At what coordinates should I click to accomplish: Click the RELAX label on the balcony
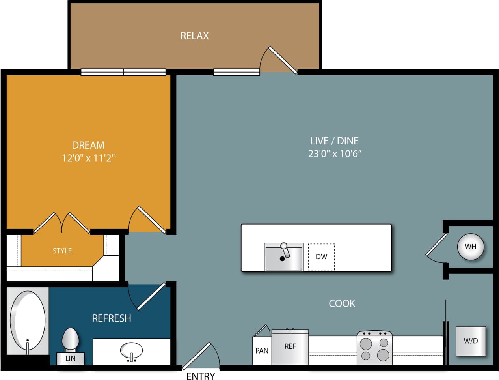pos(194,36)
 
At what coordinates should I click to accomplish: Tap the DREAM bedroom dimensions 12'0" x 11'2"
pos(88,158)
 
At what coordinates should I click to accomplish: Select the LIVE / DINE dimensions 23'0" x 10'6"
pos(334,153)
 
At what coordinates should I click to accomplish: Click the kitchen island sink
pos(283,257)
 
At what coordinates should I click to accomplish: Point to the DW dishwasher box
pos(321,256)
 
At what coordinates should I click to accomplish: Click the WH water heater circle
pos(470,247)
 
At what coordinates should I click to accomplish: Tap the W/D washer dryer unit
pos(471,341)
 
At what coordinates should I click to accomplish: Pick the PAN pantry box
pos(262,350)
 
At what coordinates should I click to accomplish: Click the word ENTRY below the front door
pos(201,376)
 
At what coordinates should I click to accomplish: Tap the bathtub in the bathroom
pos(28,321)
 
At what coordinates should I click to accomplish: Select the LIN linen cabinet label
pos(70,359)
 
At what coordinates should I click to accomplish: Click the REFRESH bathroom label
pos(112,318)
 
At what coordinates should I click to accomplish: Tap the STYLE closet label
pos(62,251)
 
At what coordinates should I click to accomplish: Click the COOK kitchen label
pos(342,303)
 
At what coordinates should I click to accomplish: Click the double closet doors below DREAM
pos(62,223)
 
